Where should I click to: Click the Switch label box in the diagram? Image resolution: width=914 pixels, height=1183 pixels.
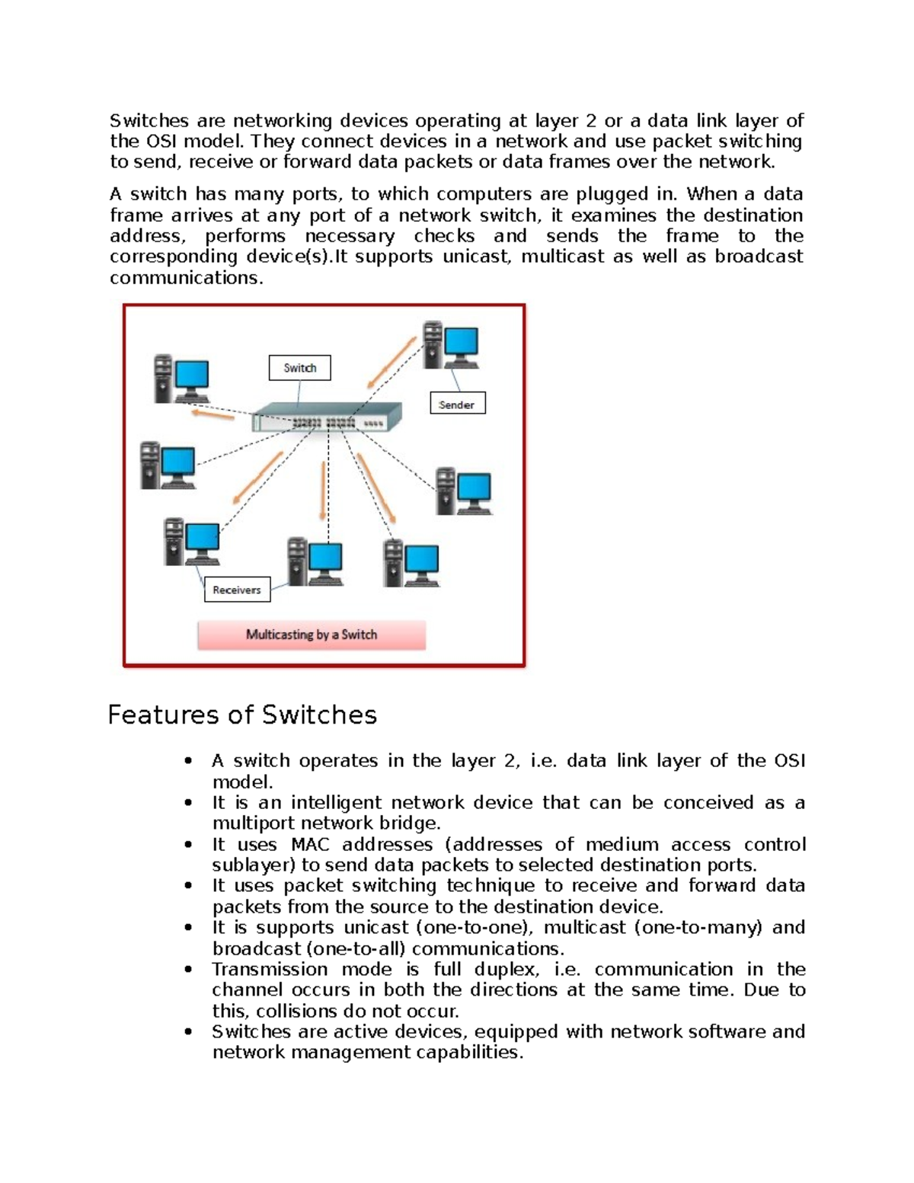point(299,368)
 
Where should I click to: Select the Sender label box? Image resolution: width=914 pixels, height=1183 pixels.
point(457,404)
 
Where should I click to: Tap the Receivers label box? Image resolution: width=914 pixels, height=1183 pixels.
point(237,590)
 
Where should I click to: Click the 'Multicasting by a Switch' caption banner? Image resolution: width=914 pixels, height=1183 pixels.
point(312,635)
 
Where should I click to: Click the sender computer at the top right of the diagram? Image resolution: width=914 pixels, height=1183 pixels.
point(451,346)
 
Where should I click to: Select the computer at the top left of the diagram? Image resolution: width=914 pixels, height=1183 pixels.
point(181,379)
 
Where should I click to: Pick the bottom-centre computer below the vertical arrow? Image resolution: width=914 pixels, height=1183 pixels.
point(315,561)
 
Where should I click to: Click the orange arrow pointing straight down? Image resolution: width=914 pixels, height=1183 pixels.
point(324,491)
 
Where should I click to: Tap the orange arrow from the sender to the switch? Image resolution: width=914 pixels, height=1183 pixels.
point(391,364)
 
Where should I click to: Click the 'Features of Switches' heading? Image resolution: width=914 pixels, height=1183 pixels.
point(242,715)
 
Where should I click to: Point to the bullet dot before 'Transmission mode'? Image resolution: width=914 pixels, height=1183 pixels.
point(188,970)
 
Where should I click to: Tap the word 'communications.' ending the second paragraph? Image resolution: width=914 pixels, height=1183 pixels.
point(187,278)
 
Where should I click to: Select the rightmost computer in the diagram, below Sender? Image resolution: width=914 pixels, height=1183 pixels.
point(463,491)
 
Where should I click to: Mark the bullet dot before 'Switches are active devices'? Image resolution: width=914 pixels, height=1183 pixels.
point(188,1031)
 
